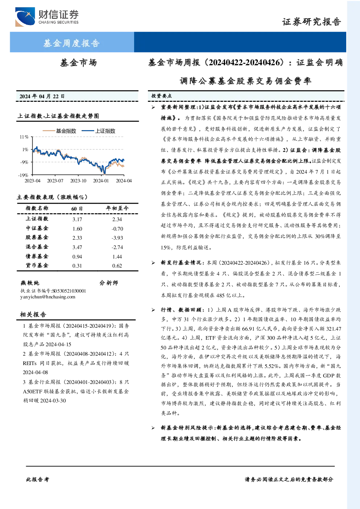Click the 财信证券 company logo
coord(47,17)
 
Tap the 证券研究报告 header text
coord(311,22)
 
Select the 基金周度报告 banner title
coord(71,43)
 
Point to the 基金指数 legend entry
coord(59,131)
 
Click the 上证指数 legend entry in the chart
coord(98,131)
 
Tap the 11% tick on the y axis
coord(24,137)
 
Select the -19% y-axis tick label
coord(23,175)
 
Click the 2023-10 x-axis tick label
coord(78,181)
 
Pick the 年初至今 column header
coord(117,208)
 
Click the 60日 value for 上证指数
coord(77,219)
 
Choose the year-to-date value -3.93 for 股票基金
coord(117,238)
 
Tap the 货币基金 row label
coord(37,265)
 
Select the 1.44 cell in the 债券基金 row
coord(117,257)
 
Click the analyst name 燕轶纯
coord(30,283)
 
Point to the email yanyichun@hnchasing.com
coord(48,297)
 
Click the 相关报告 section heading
coord(33,314)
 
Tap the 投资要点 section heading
coord(162,96)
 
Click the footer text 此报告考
coord(37,480)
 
